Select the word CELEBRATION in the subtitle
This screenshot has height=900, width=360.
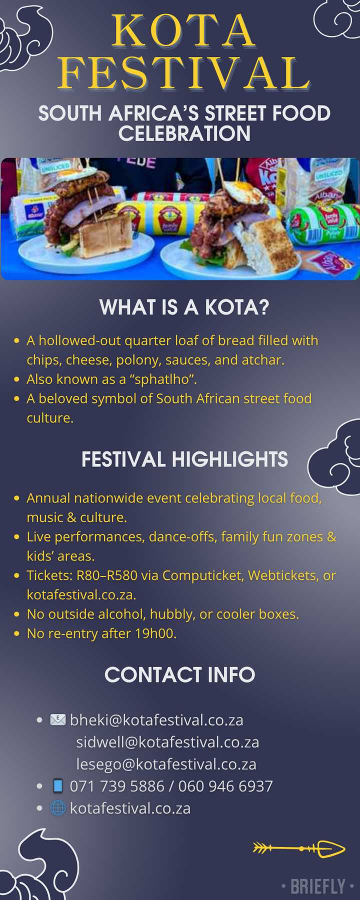tap(184, 133)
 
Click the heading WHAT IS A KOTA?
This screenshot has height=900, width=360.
tap(184, 307)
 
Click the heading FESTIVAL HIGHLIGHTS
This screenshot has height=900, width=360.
tap(184, 459)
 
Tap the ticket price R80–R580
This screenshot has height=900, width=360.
tap(106, 575)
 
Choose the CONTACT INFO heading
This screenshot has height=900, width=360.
tap(179, 674)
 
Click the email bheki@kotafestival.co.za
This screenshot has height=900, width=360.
tap(156, 720)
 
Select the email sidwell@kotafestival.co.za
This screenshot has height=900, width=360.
tap(167, 742)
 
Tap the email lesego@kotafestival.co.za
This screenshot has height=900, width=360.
tap(166, 764)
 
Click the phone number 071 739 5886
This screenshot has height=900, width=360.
tap(117, 786)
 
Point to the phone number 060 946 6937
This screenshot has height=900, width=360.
tap(225, 786)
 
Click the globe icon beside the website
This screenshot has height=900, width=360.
tap(58, 808)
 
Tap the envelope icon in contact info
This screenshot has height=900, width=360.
tap(58, 719)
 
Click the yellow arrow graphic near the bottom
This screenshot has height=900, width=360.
tap(299, 848)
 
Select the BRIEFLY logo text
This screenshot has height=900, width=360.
tap(318, 887)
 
